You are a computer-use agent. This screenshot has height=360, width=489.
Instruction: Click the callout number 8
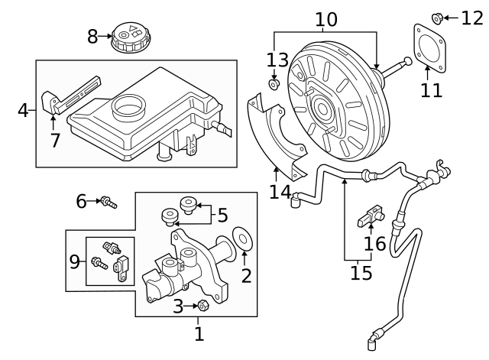click(x=92, y=36)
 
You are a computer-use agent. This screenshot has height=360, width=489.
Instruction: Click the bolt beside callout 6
click(x=108, y=202)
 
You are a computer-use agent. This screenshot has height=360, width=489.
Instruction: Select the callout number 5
click(x=222, y=216)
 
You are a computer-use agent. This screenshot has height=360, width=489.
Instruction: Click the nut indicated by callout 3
click(x=204, y=306)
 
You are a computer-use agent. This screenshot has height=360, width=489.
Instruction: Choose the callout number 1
click(x=199, y=333)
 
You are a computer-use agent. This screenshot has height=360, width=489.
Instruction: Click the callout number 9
click(x=75, y=262)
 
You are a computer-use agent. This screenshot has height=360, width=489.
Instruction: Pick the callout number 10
click(x=325, y=18)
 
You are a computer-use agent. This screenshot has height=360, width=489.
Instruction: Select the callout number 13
click(x=276, y=60)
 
